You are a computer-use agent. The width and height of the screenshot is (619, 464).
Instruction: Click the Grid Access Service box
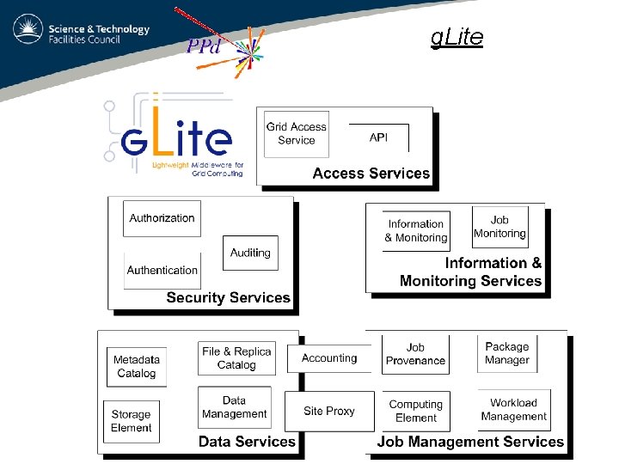pos(297,134)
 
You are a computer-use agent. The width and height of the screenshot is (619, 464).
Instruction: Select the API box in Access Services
pos(378,137)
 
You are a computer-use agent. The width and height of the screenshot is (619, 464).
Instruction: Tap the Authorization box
pos(162,218)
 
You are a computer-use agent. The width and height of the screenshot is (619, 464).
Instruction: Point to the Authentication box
pos(162,270)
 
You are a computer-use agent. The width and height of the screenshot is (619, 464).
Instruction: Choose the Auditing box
pos(250,253)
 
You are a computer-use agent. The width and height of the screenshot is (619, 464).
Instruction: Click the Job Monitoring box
pos(499,227)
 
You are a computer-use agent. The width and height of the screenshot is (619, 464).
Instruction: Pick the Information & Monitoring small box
pos(416,231)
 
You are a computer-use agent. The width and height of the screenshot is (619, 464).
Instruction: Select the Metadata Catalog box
pos(137,367)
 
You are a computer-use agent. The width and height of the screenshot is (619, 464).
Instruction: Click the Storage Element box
pos(132,421)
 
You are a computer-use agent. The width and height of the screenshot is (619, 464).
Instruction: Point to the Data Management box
pos(235,407)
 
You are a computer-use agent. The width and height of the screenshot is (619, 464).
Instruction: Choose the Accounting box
pos(329,358)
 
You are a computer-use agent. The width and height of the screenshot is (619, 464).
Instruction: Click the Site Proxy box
pos(329,411)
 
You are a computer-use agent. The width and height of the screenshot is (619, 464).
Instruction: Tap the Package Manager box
pos(507,354)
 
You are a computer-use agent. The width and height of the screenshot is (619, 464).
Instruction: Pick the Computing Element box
pos(416,411)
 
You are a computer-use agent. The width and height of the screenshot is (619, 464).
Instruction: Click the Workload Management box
pos(514,410)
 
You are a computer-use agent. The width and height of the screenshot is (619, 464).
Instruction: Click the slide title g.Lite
pos(457,37)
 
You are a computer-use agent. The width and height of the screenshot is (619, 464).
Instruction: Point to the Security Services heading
pos(229,298)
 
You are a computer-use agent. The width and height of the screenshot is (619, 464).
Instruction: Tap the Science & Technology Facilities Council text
pos(99,34)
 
